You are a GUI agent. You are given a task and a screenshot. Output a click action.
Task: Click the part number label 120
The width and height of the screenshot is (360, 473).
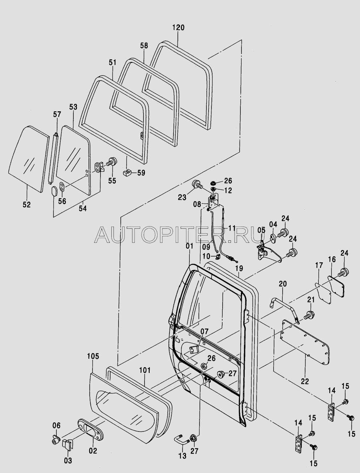pyautogui.click(x=178, y=27)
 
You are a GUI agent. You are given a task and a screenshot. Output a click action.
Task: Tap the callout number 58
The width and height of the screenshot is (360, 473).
pyautogui.click(x=144, y=46)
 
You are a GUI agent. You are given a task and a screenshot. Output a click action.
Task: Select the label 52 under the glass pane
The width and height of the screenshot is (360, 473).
pyautogui.click(x=26, y=205)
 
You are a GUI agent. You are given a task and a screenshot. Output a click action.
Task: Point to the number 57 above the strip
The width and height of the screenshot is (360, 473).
pyautogui.click(x=57, y=115)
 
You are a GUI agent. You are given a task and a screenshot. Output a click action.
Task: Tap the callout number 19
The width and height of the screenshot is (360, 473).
pyautogui.click(x=239, y=268)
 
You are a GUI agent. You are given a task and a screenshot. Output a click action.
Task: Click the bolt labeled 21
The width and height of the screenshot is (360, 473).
pyautogui.click(x=309, y=315)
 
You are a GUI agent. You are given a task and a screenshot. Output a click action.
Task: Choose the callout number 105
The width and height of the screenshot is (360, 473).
pyautogui.click(x=93, y=357)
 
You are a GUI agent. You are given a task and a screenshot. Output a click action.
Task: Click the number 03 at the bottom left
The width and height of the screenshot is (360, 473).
pyautogui.click(x=68, y=461)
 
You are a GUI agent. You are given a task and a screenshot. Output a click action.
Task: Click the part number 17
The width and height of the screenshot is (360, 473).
pyautogui.click(x=318, y=266)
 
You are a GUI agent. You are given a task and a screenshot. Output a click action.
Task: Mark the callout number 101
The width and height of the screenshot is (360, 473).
pyautogui.click(x=145, y=370)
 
